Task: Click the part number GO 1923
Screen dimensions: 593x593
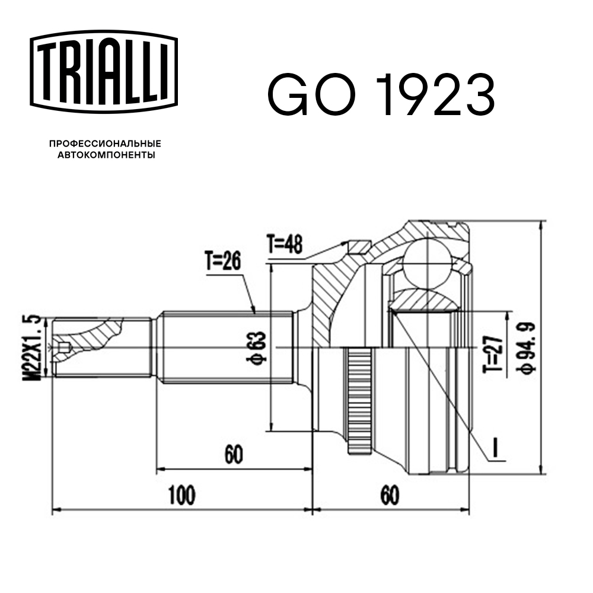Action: [381, 95]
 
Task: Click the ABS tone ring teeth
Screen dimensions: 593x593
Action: [358, 401]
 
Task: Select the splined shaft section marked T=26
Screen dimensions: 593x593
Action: [225, 347]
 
